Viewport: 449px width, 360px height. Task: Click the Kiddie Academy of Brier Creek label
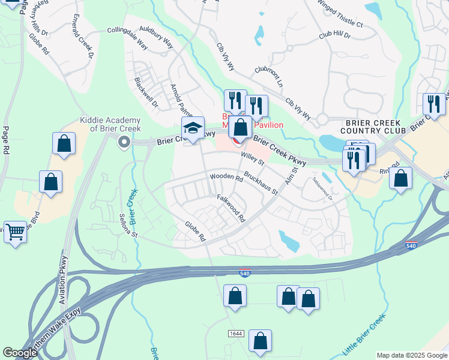[x=110, y=125]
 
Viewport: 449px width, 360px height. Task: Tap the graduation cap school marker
[x=193, y=129]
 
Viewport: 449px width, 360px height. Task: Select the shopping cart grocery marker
[x=16, y=231]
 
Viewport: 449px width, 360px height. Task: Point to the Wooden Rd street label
[x=226, y=178]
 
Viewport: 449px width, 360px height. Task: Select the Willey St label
[x=253, y=158]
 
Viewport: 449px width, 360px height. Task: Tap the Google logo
[x=20, y=353]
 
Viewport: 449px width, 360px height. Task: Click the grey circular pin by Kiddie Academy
[x=124, y=142]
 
